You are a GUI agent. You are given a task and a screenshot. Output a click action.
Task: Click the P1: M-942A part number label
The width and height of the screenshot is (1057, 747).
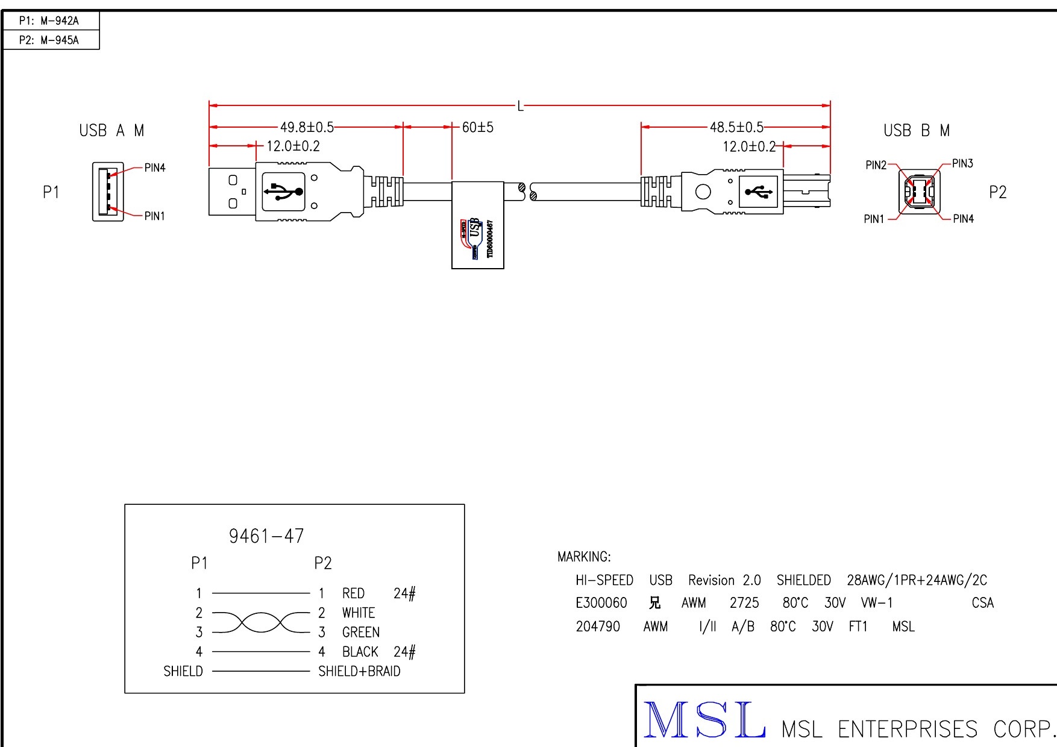pos(49,20)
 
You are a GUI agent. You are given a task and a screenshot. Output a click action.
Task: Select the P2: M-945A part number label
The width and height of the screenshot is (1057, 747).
pos(49,40)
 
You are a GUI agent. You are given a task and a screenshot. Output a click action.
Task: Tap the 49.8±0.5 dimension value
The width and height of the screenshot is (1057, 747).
pos(307,127)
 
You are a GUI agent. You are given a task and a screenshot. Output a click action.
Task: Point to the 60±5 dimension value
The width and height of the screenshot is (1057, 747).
pos(478,127)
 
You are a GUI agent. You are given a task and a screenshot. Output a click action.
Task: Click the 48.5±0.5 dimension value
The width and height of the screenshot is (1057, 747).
pos(736,127)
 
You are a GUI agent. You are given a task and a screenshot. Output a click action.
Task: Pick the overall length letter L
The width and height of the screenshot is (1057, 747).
pos(521,107)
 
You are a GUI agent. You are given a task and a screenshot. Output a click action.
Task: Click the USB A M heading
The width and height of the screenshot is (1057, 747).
pos(111,131)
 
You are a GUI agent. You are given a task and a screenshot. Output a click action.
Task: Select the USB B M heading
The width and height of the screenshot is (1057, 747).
pos(916,131)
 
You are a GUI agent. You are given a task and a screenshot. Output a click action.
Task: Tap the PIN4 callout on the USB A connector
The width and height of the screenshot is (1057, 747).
pos(155,168)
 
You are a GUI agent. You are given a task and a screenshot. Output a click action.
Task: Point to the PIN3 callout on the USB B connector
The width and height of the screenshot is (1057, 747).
pos(962,163)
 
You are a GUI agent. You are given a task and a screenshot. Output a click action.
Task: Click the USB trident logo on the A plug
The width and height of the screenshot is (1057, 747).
pos(283,192)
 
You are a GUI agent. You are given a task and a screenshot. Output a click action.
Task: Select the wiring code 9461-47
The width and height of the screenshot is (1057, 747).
pos(266,536)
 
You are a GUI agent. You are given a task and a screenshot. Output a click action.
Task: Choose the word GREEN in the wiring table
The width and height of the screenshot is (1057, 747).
pos(361,632)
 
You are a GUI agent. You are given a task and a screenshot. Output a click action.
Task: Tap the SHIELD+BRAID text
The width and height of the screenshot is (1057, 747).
pos(359,671)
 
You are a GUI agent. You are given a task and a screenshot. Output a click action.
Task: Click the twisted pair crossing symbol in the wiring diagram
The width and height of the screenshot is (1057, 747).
pos(260,622)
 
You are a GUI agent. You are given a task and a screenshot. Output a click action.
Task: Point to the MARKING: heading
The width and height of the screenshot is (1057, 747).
pos(584,557)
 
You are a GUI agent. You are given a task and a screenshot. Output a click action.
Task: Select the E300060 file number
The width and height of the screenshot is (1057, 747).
pos(601,603)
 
